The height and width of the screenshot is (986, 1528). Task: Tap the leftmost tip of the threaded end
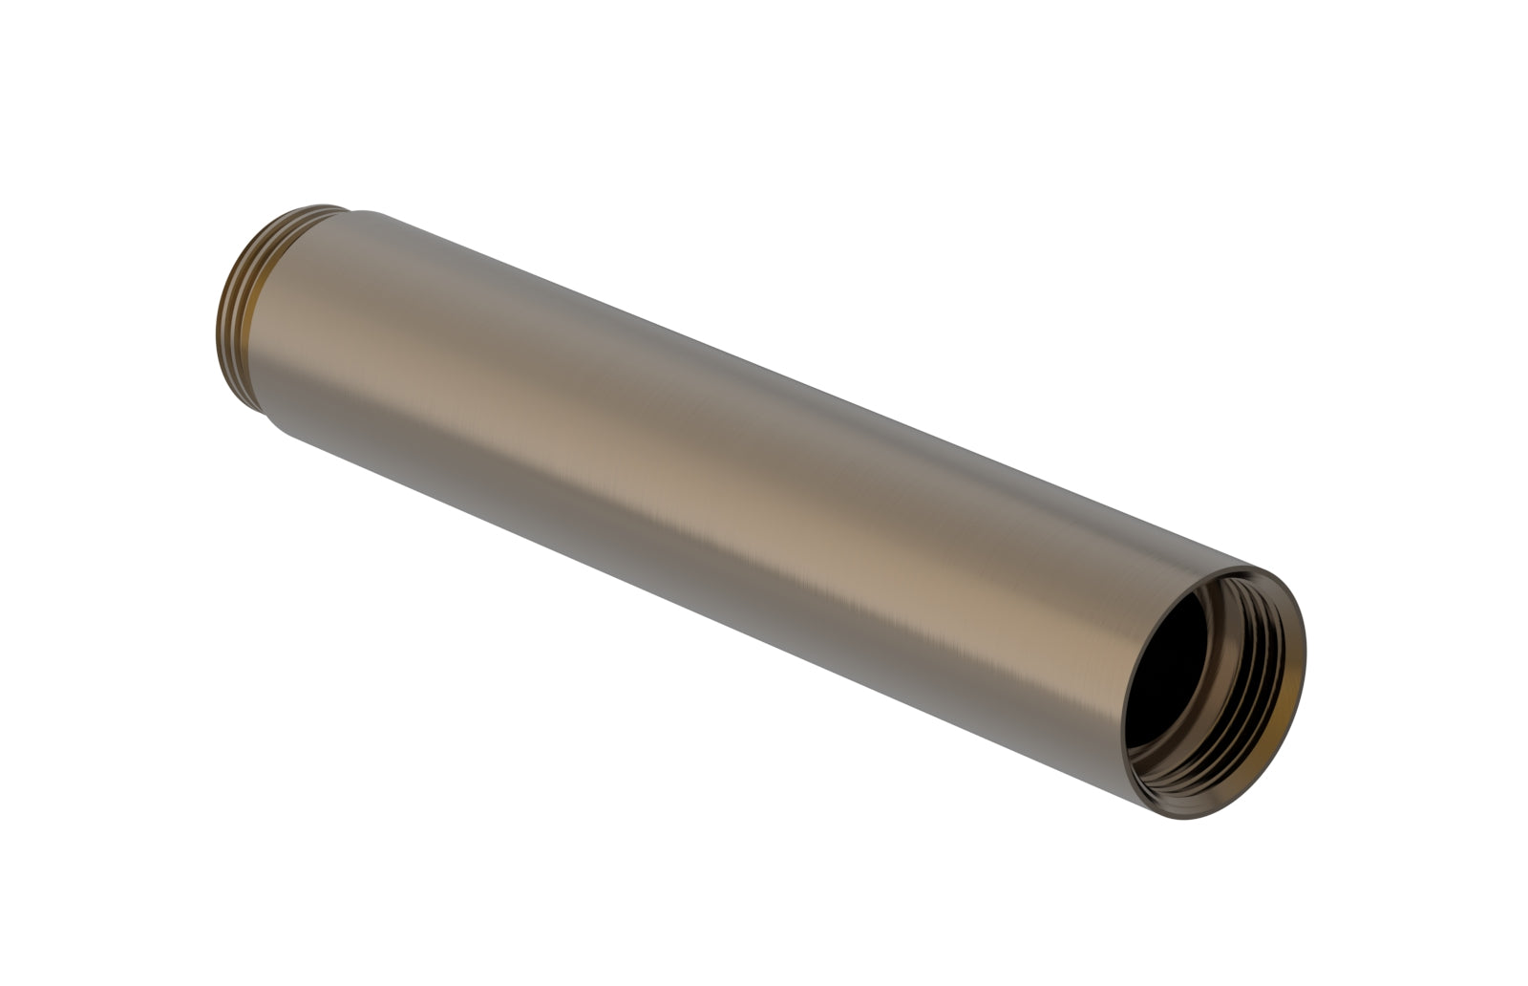(x=217, y=330)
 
